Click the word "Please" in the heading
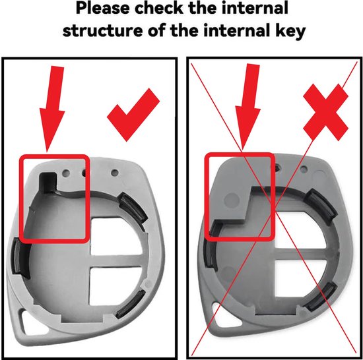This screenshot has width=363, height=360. pyautogui.click(x=103, y=9)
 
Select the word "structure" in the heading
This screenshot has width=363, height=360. pyautogui.click(x=103, y=30)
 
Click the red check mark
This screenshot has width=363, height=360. pyautogui.click(x=133, y=115)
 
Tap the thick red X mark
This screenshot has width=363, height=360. pyautogui.click(x=326, y=112)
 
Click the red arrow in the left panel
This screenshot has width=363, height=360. pyautogui.click(x=52, y=109)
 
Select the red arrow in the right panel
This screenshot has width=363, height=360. pyautogui.click(x=248, y=107)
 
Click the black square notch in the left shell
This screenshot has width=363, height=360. pyautogui.click(x=48, y=181)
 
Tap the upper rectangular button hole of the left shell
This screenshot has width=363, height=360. pyautogui.click(x=115, y=236)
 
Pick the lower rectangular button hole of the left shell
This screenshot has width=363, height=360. pyautogui.click(x=115, y=285)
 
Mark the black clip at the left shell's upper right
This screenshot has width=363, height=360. pyautogui.click(x=133, y=207)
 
